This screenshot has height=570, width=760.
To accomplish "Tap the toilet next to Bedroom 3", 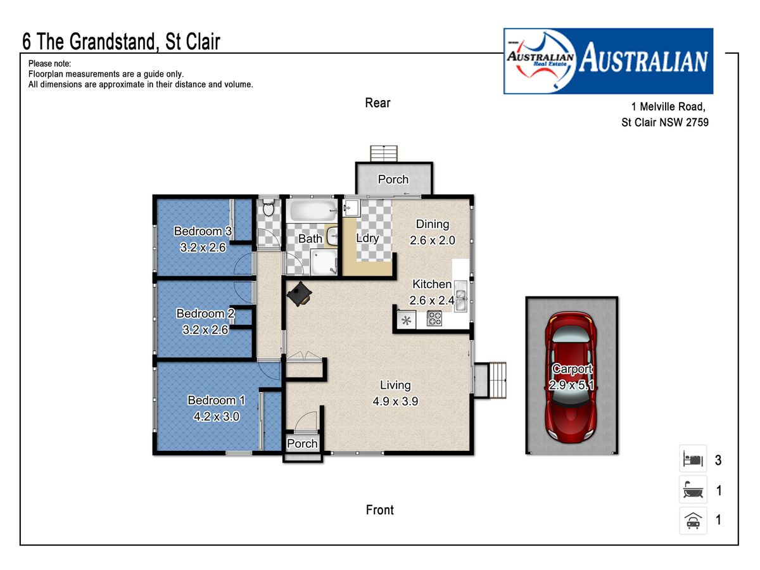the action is (269, 207).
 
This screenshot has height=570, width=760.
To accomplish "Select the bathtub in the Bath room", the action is (313, 210).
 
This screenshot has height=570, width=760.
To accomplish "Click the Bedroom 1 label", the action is (216, 400).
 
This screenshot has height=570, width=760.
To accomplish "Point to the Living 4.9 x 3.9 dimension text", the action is (395, 402).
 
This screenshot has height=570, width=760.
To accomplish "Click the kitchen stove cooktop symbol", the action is (434, 319).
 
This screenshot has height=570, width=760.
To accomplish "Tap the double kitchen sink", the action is (461, 296).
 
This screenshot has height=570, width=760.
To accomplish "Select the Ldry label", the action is (367, 238).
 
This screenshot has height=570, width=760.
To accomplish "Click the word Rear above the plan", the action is (377, 103).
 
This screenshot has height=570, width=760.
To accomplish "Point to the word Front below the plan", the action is (379, 510).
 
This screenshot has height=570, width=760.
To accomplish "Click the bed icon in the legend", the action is (692, 459).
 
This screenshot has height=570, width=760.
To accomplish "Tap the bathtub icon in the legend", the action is (693, 490).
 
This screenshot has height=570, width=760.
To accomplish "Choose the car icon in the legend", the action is (693, 520).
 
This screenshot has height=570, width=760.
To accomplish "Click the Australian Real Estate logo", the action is (608, 61).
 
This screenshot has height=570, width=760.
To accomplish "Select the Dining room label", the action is (433, 224).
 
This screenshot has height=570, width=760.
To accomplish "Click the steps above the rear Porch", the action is (384, 154).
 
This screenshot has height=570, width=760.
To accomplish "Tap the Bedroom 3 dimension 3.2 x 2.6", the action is (203, 248).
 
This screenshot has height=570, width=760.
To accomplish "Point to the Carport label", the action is (572, 369).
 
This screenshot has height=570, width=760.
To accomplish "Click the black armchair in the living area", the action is (299, 294).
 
